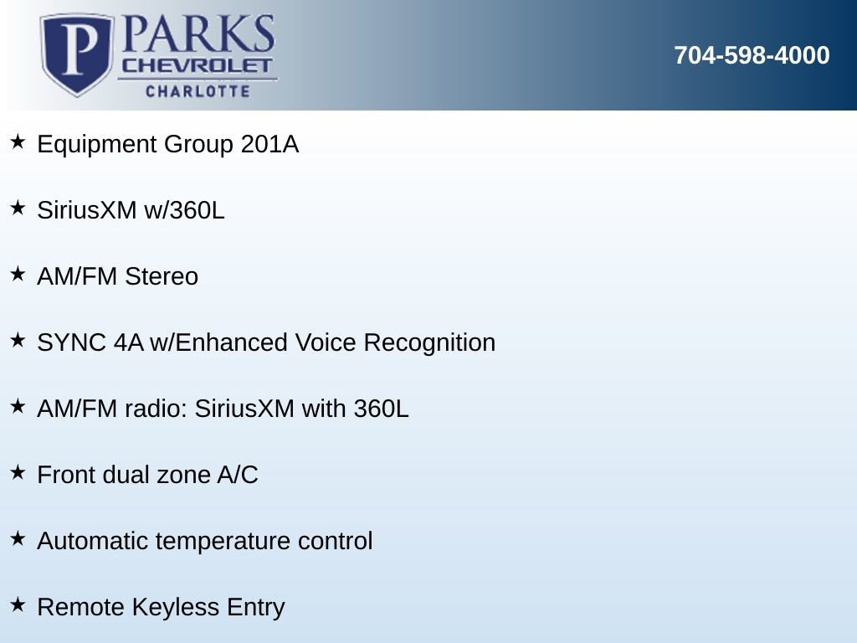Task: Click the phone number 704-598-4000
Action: (752, 55)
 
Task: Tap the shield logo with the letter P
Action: (77, 54)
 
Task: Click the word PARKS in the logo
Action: (198, 33)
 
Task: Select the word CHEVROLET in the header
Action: (197, 66)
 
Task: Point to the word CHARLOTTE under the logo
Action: (198, 90)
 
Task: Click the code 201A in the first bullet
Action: (269, 144)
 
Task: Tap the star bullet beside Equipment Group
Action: (18, 141)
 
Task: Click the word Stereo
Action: (162, 276)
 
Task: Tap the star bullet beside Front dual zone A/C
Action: (18, 472)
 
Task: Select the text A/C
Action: (238, 476)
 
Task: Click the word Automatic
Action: (93, 542)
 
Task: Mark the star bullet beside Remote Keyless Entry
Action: (18, 604)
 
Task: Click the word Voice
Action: (326, 342)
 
